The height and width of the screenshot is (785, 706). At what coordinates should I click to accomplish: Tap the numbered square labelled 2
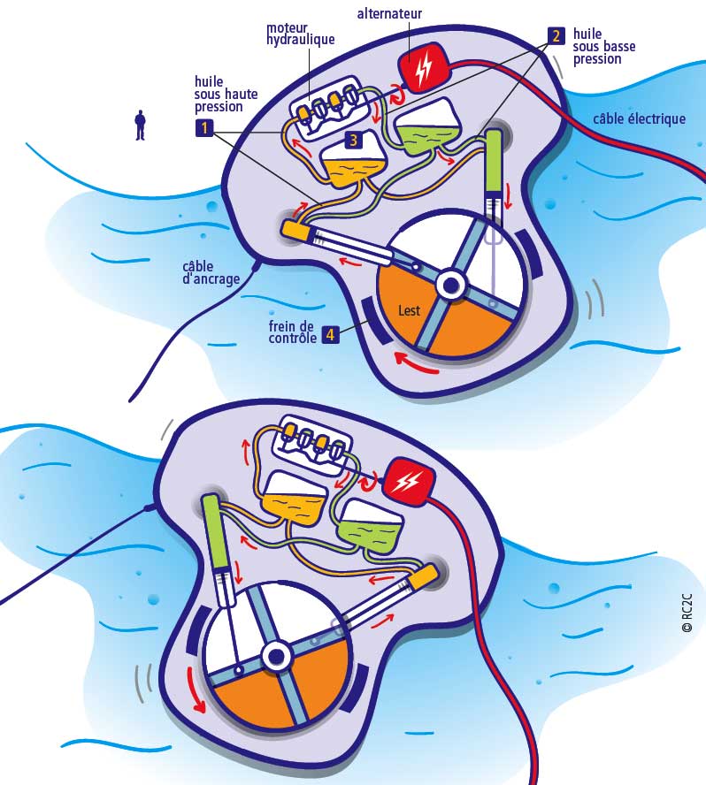pyautogui.click(x=556, y=36)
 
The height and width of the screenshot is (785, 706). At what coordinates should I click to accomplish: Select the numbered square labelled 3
pyautogui.click(x=352, y=140)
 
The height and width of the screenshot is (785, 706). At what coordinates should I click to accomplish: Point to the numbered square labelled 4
pyautogui.click(x=329, y=335)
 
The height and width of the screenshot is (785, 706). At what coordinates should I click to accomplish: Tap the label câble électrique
pyautogui.click(x=639, y=118)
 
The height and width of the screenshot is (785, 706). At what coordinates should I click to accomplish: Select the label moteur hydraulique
pyautogui.click(x=300, y=34)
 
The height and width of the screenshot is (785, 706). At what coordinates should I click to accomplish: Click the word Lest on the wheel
pyautogui.click(x=410, y=310)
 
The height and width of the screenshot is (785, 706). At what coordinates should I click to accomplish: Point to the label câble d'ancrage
pyautogui.click(x=210, y=271)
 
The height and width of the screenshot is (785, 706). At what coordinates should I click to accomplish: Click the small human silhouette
pyautogui.click(x=140, y=125)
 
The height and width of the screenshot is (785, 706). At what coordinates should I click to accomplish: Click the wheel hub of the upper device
pyautogui.click(x=450, y=285)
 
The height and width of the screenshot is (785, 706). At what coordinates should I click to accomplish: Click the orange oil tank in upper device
pyautogui.click(x=352, y=164)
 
